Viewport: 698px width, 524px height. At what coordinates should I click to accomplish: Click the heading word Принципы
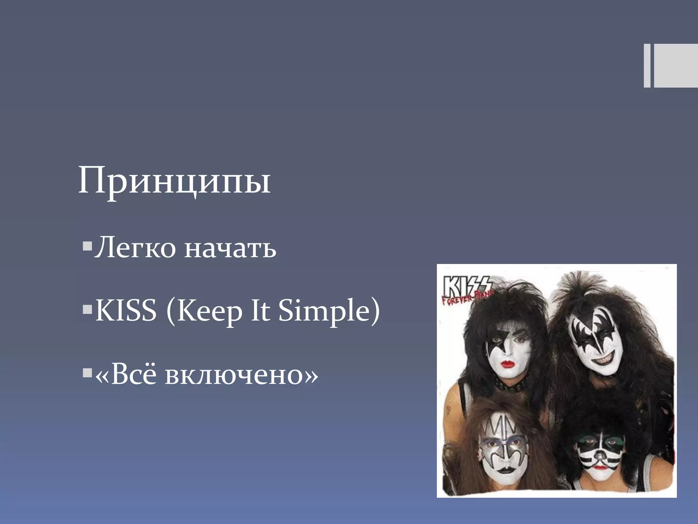click(174, 181)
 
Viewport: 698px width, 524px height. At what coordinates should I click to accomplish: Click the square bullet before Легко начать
click(87, 246)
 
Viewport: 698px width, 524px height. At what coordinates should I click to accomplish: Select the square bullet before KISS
click(87, 309)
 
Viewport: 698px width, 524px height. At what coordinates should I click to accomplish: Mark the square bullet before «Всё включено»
click(87, 373)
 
